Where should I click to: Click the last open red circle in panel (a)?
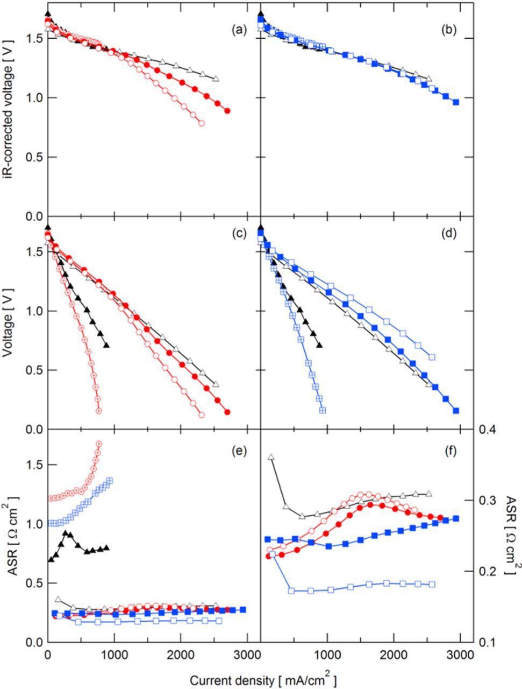point(202,123)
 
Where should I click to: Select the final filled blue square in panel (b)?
point(456,102)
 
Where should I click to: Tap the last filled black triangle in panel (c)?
point(106,346)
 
